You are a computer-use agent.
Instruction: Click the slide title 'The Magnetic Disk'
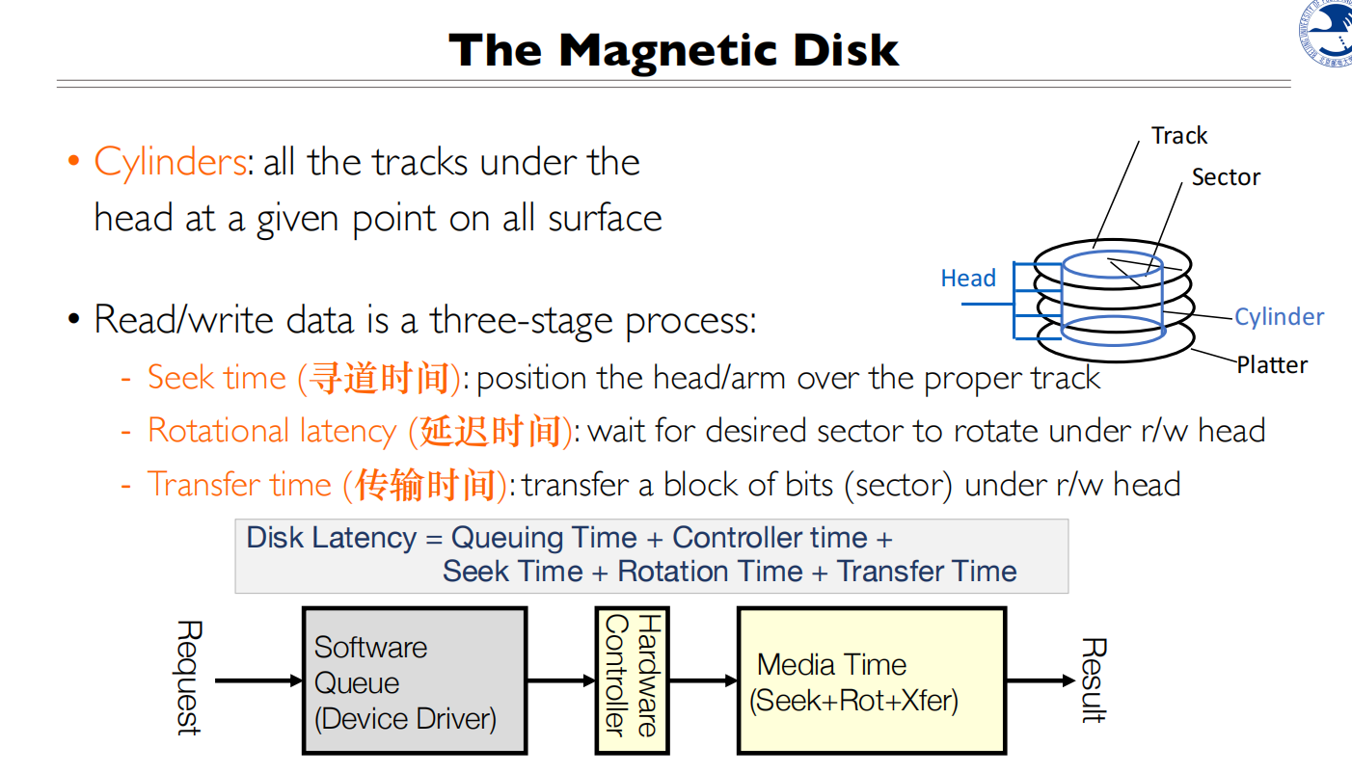(674, 50)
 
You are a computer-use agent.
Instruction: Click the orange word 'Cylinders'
(171, 162)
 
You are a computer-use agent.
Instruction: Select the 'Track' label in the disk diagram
(1178, 136)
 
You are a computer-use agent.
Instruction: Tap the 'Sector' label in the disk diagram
(1225, 177)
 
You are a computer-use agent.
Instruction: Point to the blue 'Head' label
(967, 279)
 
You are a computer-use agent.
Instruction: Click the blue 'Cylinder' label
(1279, 317)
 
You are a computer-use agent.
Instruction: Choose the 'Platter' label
(1272, 365)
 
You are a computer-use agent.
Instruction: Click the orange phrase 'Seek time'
(217, 378)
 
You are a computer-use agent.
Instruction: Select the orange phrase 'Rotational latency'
(272, 431)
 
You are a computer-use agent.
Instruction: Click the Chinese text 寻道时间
(379, 379)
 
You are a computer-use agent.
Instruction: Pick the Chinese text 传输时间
(425, 485)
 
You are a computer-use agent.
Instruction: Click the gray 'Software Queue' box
(415, 680)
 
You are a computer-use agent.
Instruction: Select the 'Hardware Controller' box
(632, 680)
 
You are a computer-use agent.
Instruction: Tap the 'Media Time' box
(871, 680)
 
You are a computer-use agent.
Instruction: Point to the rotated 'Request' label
(188, 678)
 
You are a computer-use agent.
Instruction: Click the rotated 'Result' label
(1093, 680)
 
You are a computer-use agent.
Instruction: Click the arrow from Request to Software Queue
(257, 681)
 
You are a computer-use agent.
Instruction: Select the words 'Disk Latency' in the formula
(331, 538)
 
